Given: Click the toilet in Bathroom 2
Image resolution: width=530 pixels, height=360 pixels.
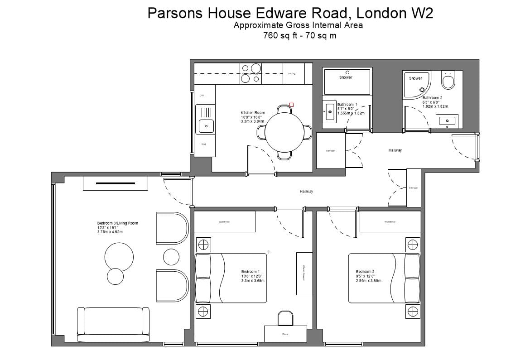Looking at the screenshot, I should click(x=448, y=82).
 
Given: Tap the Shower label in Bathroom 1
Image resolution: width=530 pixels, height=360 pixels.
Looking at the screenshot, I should click(x=346, y=77).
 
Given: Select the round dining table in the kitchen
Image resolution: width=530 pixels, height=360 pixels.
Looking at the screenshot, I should click(x=284, y=132).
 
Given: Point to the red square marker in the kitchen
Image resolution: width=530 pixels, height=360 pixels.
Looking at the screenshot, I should click(x=291, y=104).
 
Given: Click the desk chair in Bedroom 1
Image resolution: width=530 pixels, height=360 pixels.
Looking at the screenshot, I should click(x=285, y=318).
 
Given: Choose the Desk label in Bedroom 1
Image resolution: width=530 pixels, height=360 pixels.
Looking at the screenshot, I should click(x=285, y=334).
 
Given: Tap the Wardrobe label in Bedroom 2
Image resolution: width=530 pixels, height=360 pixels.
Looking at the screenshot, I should click(x=390, y=222).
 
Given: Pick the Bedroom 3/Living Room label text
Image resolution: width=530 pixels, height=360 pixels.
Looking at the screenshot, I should click(x=117, y=223).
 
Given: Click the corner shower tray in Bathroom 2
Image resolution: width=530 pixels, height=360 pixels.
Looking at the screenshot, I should click(x=415, y=84).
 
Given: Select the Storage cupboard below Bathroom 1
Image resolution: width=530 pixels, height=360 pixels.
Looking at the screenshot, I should click(x=330, y=150).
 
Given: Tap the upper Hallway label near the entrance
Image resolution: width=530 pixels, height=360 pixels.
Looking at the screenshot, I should click(x=395, y=150).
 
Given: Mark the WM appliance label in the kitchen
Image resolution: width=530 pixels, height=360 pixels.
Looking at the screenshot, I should click(x=203, y=144).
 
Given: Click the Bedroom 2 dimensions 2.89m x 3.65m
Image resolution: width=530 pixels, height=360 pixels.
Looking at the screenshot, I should click(x=368, y=281).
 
